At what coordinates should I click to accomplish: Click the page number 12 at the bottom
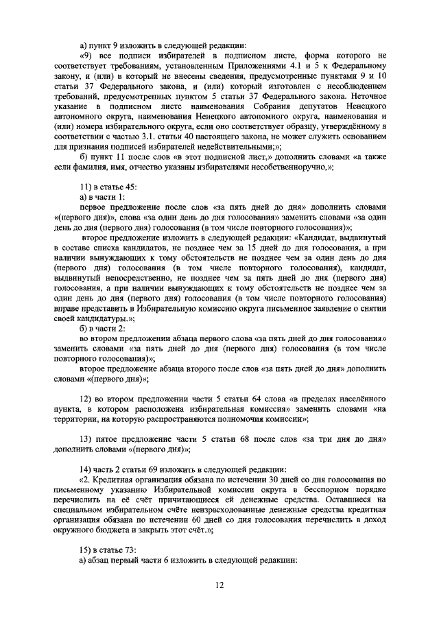point(219,585)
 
